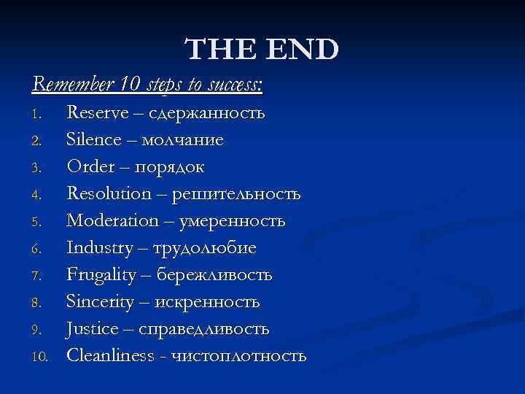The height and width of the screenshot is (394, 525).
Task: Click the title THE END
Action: (x=262, y=50)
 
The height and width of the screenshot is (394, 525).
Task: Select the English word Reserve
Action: (x=96, y=113)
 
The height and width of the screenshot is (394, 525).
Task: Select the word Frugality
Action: (x=101, y=275)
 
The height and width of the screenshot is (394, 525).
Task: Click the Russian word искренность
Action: (x=207, y=302)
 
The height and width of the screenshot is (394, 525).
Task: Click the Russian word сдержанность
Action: (x=207, y=113)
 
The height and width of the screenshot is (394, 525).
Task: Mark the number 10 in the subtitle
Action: (x=132, y=85)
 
